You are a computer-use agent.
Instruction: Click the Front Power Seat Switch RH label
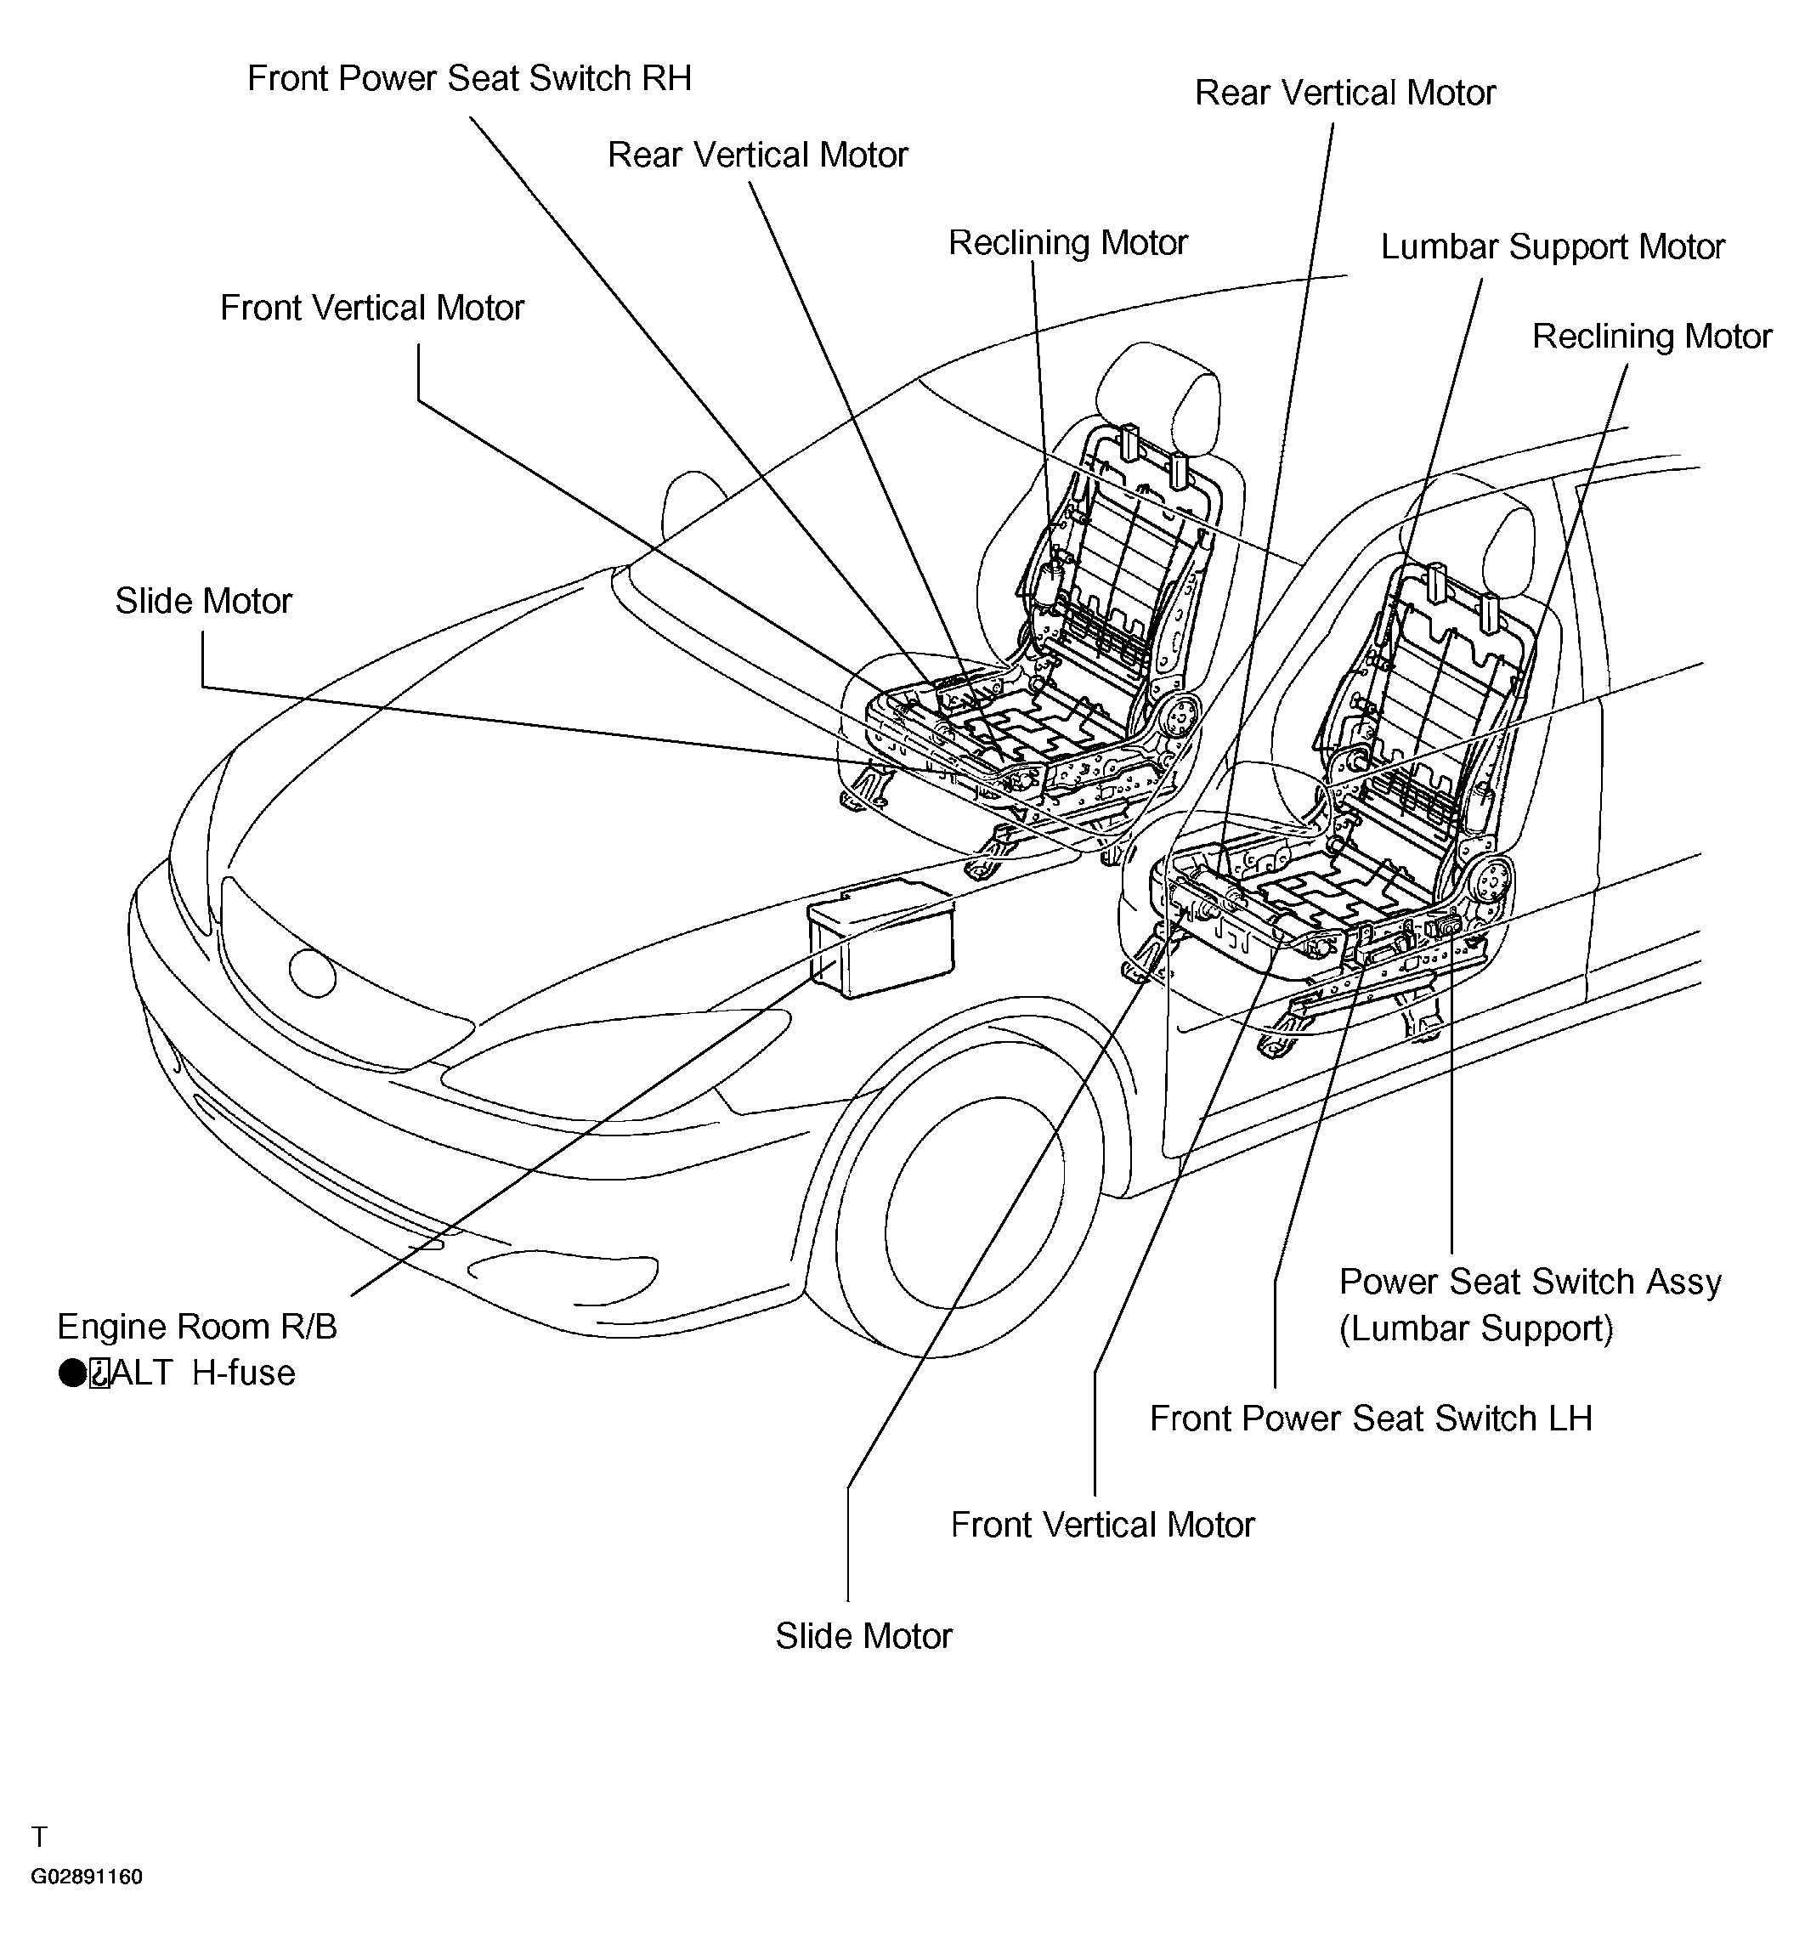tap(469, 78)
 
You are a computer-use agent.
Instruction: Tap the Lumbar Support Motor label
tap(1552, 247)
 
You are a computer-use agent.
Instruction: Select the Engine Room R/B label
tap(197, 1327)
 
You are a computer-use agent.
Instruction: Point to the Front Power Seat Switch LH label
tap(1371, 1419)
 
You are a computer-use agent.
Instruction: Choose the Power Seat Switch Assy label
tap(1530, 1282)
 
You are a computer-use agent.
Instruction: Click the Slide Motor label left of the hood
tap(203, 601)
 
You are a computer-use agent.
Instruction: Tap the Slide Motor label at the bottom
tap(863, 1636)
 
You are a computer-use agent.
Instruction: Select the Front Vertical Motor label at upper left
tap(372, 308)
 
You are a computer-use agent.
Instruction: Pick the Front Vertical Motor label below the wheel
tap(1103, 1525)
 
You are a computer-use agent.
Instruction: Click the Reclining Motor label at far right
tap(1652, 336)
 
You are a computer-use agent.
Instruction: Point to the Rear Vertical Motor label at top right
tap(1345, 93)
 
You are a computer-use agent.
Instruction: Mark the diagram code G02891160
tap(87, 1877)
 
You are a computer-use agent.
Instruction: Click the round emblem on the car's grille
tap(313, 973)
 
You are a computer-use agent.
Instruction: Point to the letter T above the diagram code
tap(39, 1837)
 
